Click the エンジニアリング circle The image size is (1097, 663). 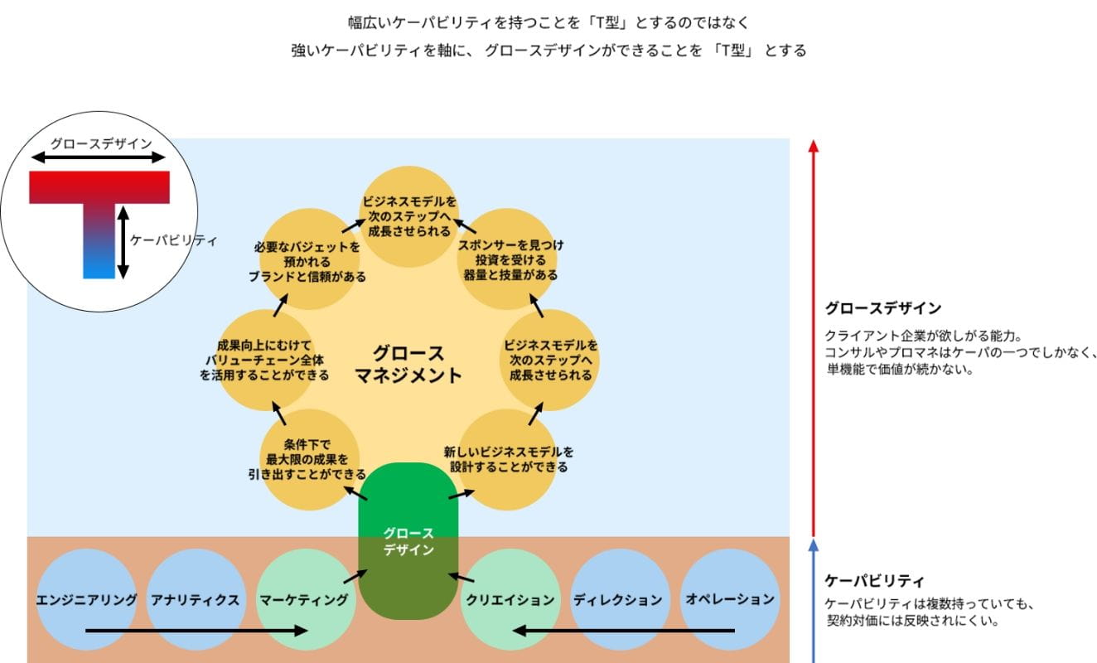tap(86, 598)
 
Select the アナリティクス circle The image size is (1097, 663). tap(196, 598)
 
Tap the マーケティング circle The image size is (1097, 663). tap(304, 598)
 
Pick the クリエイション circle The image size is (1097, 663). tap(510, 598)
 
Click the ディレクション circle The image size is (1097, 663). tap(618, 598)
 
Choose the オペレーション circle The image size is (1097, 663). tap(730, 598)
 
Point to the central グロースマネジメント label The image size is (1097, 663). tap(408, 364)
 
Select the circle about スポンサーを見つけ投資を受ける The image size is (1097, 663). tap(506, 259)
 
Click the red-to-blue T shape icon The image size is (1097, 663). tap(99, 215)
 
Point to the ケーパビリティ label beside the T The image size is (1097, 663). tap(174, 241)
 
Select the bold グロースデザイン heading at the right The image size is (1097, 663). tap(882, 308)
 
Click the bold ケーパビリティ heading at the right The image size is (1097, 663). tap(874, 581)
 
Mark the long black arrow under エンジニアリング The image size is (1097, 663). tap(196, 632)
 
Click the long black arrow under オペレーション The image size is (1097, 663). tap(623, 632)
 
